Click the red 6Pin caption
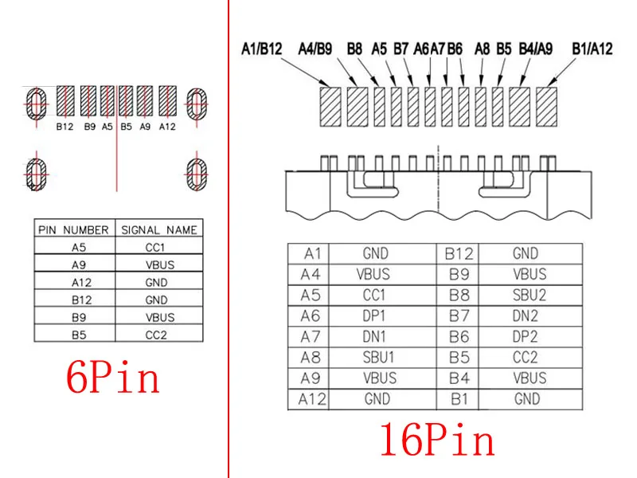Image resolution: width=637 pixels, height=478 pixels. pyautogui.click(x=112, y=379)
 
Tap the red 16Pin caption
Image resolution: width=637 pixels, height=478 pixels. pyautogui.click(x=436, y=441)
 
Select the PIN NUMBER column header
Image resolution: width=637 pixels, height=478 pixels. pyautogui.click(x=73, y=229)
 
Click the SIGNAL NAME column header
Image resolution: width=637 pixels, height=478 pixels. pyautogui.click(x=159, y=229)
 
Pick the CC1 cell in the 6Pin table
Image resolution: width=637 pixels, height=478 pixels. pyautogui.click(x=156, y=247)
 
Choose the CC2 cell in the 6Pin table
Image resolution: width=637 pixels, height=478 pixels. pyautogui.click(x=156, y=335)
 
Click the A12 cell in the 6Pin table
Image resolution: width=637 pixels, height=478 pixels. pyautogui.click(x=78, y=282)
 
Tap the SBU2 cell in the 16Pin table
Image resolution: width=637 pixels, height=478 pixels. pyautogui.click(x=530, y=295)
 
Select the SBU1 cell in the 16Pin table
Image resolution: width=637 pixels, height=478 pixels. pyautogui.click(x=376, y=357)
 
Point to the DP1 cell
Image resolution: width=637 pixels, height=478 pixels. pyautogui.click(x=376, y=315)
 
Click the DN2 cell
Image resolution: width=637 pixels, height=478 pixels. pyautogui.click(x=530, y=315)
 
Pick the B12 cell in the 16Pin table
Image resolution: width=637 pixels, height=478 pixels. pyautogui.click(x=459, y=254)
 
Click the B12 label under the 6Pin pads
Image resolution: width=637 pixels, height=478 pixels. pyautogui.click(x=64, y=126)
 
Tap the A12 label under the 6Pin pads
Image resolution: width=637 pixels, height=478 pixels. pyautogui.click(x=167, y=126)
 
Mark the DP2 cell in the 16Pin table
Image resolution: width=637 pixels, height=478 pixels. pyautogui.click(x=530, y=336)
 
